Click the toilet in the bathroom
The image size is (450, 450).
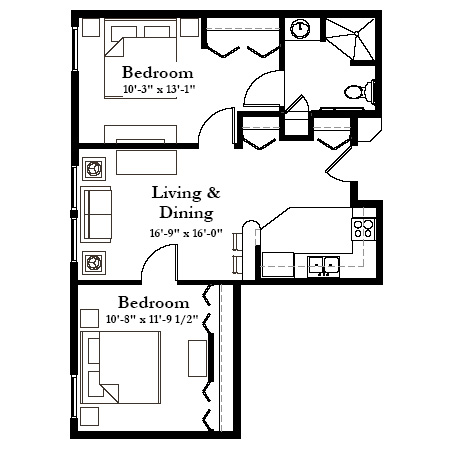click(359, 91)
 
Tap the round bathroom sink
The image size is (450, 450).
click(300, 28)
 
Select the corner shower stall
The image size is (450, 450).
click(350, 39)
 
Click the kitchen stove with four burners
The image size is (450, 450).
click(363, 229)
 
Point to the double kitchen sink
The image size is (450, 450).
click(323, 267)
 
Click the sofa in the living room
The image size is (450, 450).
click(96, 214)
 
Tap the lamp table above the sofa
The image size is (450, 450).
click(94, 169)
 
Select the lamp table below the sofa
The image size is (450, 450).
click(94, 263)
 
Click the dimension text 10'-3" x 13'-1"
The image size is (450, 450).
click(159, 89)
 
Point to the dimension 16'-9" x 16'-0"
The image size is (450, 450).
click(186, 233)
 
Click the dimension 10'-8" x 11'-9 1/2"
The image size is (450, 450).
click(152, 319)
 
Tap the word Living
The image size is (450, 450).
click(176, 193)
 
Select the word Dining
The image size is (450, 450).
click(186, 213)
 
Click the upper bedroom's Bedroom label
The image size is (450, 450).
click(158, 73)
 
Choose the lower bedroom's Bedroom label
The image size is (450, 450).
click(154, 303)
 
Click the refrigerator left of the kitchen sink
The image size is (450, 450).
click(278, 265)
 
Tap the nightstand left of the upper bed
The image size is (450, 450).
click(91, 27)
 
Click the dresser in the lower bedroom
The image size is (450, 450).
click(197, 358)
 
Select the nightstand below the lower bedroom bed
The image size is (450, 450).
click(90, 416)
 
